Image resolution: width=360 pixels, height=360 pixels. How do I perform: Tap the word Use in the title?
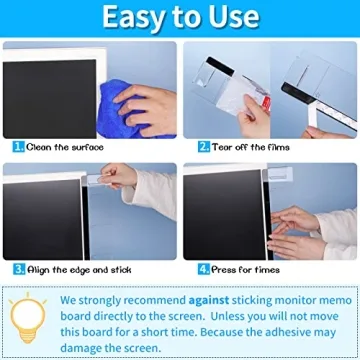click(x=231, y=17)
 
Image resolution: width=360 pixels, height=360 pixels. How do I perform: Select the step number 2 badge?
click(x=203, y=145)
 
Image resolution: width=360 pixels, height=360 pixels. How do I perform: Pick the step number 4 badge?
click(x=203, y=269)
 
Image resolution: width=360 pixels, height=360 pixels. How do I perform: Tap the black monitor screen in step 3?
click(x=45, y=215)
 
